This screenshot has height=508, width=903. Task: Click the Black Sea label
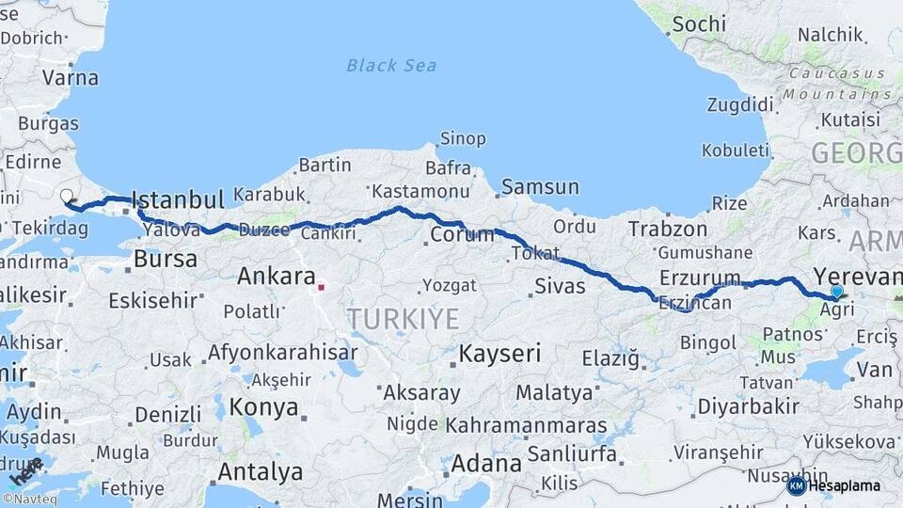(391, 65)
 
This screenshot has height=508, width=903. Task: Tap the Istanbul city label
(178, 199)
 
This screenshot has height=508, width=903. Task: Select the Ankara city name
(276, 277)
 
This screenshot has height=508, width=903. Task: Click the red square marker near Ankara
(322, 286)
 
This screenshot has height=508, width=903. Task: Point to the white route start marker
(67, 197)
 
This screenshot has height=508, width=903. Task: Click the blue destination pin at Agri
(836, 292)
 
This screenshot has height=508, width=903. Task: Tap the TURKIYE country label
(404, 319)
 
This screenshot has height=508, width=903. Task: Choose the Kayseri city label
(500, 354)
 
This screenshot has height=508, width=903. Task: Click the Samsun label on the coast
(540, 186)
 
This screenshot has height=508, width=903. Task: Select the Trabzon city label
(668, 229)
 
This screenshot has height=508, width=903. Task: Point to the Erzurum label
(701, 278)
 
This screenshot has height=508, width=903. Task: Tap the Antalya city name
(261, 470)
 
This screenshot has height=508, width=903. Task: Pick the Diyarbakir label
(748, 406)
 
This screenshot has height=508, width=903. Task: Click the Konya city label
(264, 408)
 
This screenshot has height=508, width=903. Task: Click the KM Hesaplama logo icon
(797, 485)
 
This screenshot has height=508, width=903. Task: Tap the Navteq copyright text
(30, 499)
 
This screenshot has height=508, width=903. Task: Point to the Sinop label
(463, 139)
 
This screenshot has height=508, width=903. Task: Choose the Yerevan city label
(857, 276)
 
